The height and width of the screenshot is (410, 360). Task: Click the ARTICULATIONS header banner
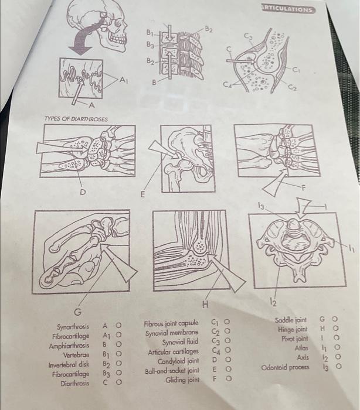point(287,9)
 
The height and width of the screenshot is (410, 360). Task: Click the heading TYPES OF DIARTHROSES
point(76,119)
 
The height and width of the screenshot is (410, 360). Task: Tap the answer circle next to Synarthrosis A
point(118,325)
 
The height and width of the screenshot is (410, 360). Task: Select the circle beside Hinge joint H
point(335,328)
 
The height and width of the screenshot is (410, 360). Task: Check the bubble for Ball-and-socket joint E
point(228,369)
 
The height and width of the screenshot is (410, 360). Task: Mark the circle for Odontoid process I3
point(338,366)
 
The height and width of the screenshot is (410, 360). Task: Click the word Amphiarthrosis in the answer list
point(69,346)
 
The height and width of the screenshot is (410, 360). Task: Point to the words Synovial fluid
point(180,342)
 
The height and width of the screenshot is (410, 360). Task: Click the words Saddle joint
point(290,320)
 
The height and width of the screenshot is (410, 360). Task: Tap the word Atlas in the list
point(301,348)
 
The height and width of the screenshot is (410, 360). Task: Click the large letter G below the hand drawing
point(78,312)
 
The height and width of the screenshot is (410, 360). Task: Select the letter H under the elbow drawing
point(206,305)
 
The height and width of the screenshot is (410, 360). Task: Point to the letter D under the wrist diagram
point(83,193)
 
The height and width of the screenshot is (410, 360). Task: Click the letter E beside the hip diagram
point(142,194)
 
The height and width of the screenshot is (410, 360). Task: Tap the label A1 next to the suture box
point(124,81)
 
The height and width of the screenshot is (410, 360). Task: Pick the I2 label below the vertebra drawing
point(273,303)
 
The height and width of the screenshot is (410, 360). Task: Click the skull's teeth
point(117,39)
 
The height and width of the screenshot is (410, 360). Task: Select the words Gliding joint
point(182,380)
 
